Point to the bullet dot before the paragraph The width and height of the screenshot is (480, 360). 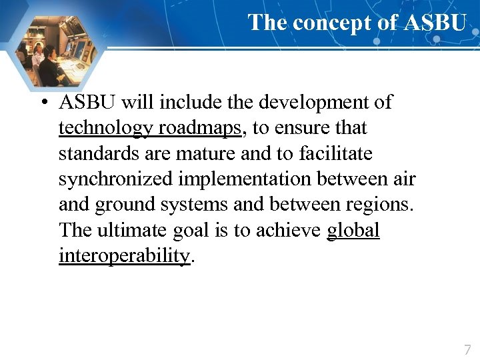tap(42, 103)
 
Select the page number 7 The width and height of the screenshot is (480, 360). tap(467, 349)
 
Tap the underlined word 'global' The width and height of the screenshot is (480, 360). tap(353, 231)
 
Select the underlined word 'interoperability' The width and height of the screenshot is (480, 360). tap(124, 256)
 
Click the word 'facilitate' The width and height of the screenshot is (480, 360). tap(335, 154)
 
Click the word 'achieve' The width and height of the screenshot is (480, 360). tap(292, 231)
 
